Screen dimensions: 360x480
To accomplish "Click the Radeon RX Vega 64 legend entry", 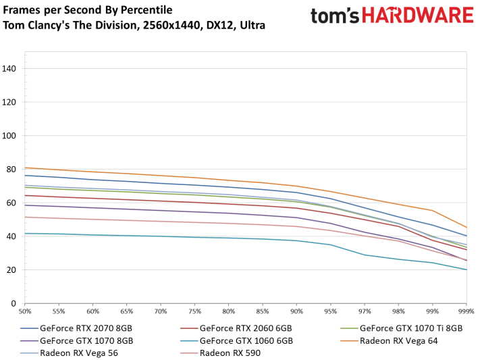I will [x=398, y=341].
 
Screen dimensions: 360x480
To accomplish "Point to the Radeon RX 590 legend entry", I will [x=230, y=353].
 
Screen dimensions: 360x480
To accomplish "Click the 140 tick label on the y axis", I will [x=10, y=69].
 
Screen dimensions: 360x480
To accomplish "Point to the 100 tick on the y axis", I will [x=10, y=136].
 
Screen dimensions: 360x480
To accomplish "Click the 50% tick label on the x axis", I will [x=25, y=311].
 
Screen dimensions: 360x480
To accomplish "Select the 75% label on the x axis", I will [x=194, y=311].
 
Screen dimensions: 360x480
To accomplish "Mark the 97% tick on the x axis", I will [x=365, y=311].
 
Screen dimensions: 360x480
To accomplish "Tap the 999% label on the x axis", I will [x=466, y=311].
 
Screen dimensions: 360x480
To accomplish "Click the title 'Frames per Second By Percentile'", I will [x=88, y=10].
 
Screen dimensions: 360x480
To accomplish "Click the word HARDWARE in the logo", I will [x=419, y=16].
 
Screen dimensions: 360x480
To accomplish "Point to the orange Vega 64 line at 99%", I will [x=433, y=210].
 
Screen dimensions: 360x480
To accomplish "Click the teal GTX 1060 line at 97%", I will [x=365, y=255].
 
